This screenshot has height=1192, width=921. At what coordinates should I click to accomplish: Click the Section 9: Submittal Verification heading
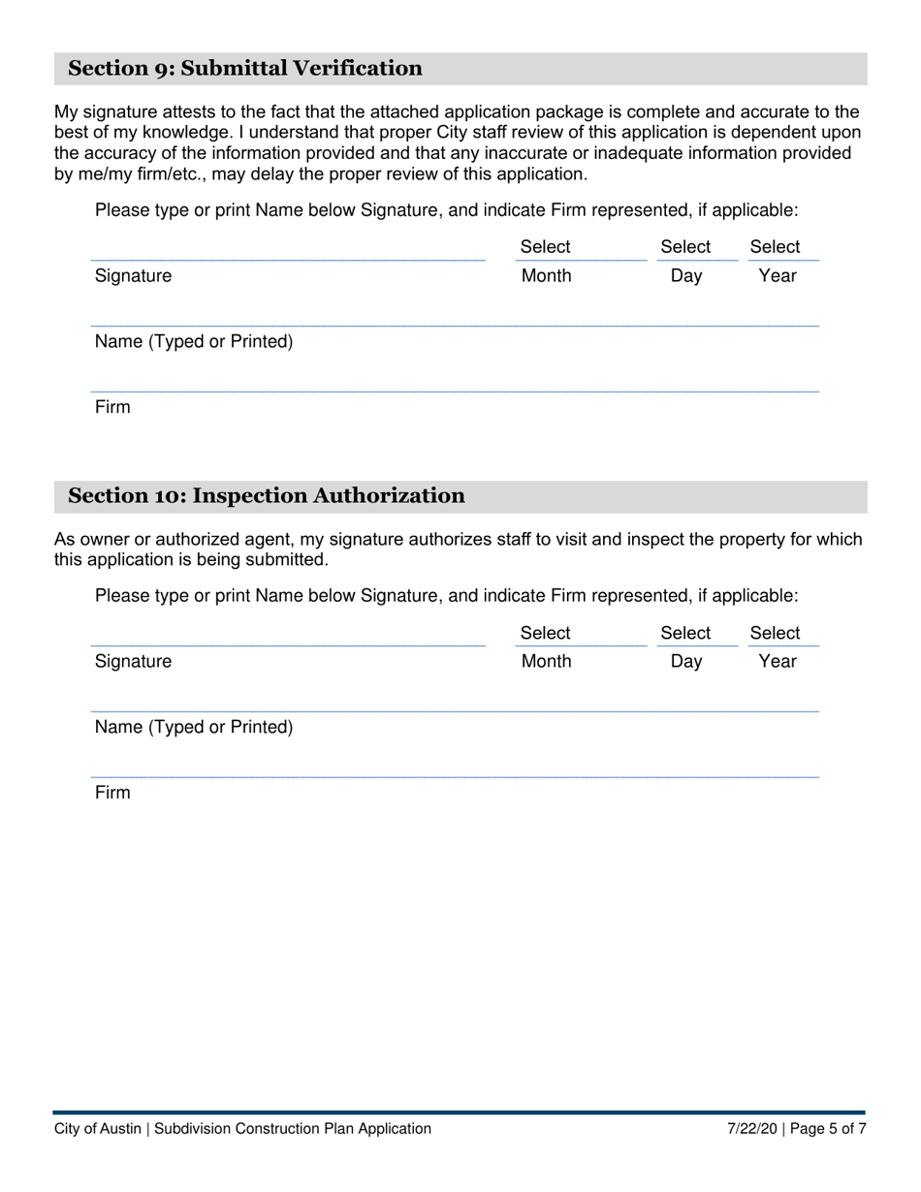pyautogui.click(x=244, y=68)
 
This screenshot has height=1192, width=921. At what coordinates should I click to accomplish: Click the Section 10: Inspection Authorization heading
pyautogui.click(x=266, y=496)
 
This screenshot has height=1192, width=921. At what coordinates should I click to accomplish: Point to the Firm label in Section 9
pyautogui.click(x=112, y=407)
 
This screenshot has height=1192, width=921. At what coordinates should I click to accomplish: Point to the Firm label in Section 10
pyautogui.click(x=112, y=793)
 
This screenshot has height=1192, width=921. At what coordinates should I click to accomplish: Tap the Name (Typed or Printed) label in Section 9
pyautogui.click(x=194, y=342)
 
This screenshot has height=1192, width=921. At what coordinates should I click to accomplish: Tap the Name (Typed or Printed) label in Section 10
pyautogui.click(x=194, y=727)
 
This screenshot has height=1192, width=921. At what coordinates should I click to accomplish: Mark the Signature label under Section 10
pyautogui.click(x=133, y=662)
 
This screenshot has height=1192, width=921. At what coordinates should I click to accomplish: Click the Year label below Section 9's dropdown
pyautogui.click(x=778, y=276)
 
